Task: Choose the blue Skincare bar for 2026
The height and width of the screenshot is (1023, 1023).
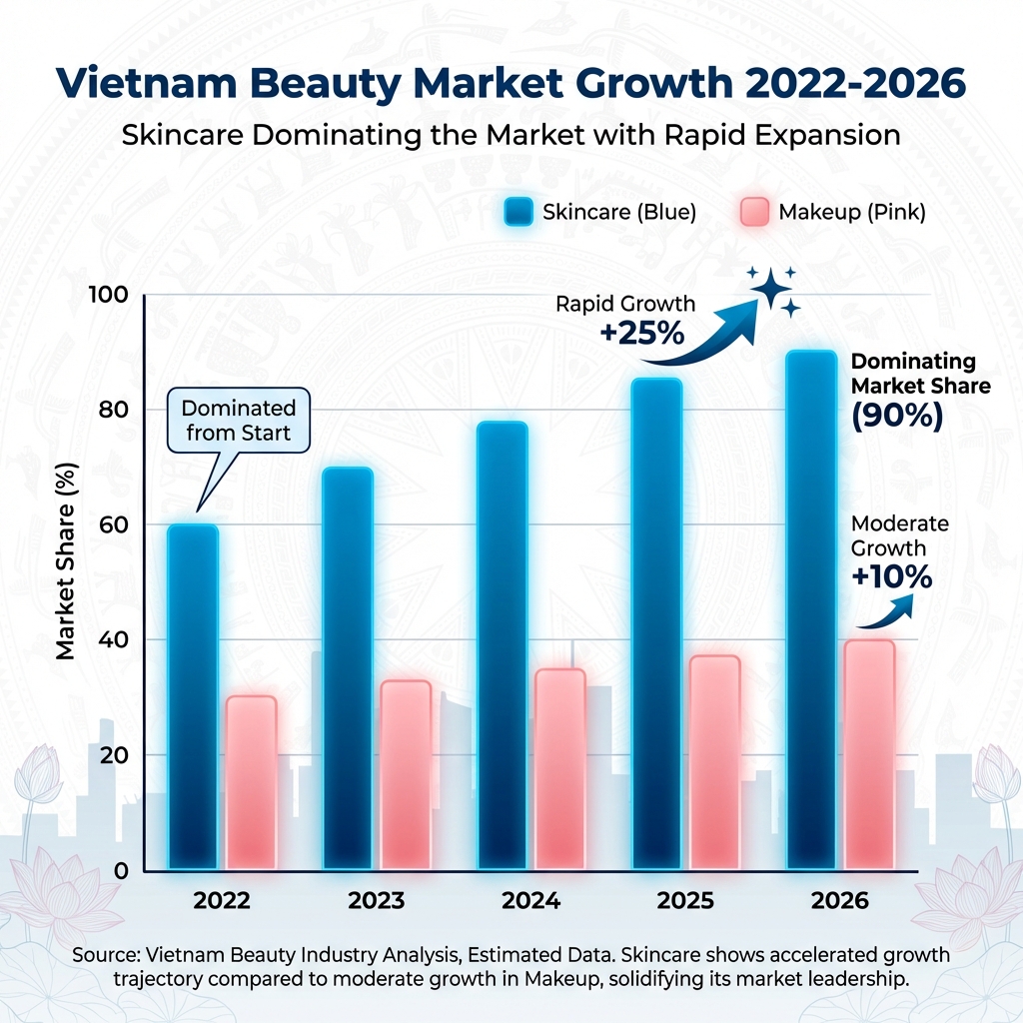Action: coord(810,609)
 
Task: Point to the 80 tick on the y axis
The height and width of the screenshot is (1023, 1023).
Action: coord(118,410)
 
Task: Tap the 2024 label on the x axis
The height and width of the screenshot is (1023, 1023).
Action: coord(530,900)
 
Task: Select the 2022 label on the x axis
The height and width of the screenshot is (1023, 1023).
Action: coord(222,900)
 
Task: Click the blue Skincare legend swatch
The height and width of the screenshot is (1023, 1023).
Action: coord(518,212)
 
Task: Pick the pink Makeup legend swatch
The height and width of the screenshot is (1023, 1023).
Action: coord(753,212)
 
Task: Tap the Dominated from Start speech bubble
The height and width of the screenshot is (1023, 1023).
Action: coord(239,421)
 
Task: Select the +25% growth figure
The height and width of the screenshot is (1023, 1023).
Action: coord(642,333)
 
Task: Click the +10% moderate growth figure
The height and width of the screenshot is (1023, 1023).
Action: coord(891,576)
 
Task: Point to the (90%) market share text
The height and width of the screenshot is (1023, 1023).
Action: coord(897,416)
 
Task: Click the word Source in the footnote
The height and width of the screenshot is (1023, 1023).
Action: coord(106,955)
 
